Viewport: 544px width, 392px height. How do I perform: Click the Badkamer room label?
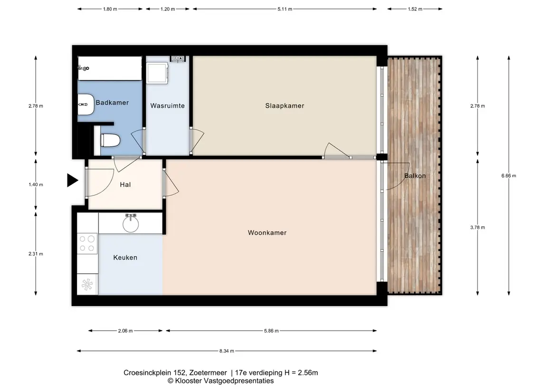(112, 103)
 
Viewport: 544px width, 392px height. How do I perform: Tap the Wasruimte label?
(167, 106)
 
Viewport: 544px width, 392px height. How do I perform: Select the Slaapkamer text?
(285, 106)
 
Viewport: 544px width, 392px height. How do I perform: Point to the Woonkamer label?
(267, 233)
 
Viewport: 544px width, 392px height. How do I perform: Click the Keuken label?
(125, 258)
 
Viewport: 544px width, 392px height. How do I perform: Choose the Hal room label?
(125, 185)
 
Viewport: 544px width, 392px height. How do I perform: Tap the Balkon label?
(415, 176)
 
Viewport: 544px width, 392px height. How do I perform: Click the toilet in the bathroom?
(110, 141)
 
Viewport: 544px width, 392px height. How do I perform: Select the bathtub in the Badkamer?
(110, 68)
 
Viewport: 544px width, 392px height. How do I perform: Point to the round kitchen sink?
(131, 224)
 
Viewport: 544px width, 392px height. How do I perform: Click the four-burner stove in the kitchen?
(87, 244)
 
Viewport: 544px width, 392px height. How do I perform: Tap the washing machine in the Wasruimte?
(157, 73)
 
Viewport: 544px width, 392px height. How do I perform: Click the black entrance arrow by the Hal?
(72, 181)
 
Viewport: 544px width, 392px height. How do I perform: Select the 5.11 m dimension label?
(285, 9)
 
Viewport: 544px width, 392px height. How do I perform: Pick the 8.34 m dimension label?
(227, 351)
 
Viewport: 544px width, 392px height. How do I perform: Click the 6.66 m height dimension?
(509, 176)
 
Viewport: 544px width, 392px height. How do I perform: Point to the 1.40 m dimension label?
(36, 184)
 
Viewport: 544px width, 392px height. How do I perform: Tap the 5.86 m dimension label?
(271, 331)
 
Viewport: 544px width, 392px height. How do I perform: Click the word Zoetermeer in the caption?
(208, 373)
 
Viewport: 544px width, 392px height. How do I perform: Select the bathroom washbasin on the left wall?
(86, 105)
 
